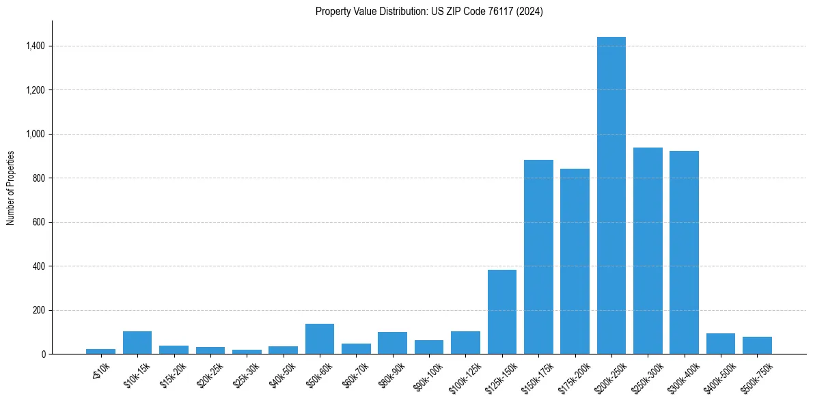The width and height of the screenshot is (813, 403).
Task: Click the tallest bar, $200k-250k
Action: tap(611, 195)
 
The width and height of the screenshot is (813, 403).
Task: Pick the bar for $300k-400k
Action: tap(684, 253)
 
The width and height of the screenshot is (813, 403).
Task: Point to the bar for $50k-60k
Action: tap(320, 339)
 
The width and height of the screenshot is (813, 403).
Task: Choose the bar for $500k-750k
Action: tap(757, 345)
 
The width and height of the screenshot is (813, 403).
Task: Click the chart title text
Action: tap(429, 12)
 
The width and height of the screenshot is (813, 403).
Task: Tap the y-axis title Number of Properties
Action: tap(11, 188)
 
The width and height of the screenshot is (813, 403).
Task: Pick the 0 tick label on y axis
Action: tap(42, 354)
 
